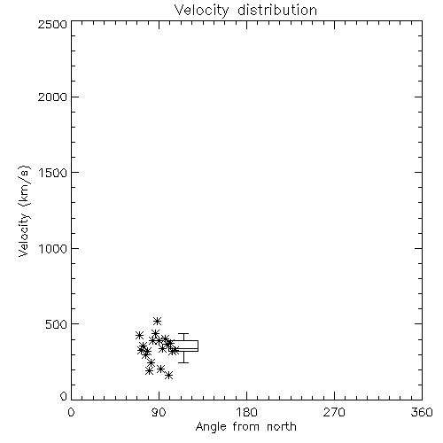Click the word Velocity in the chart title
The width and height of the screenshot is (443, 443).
click(x=201, y=11)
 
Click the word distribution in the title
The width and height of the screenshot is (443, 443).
click(x=277, y=10)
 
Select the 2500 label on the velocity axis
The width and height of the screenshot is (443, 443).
click(x=52, y=24)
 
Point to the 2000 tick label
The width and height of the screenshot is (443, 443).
click(x=52, y=97)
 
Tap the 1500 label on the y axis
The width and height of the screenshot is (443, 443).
click(x=53, y=173)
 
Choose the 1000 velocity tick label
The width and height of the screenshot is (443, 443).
click(x=53, y=249)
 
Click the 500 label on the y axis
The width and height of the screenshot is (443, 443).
click(x=57, y=324)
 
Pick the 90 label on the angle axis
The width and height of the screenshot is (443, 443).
click(x=159, y=412)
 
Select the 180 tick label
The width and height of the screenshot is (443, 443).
click(x=246, y=412)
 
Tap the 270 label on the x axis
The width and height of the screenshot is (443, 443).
click(x=334, y=412)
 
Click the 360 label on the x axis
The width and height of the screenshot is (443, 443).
click(x=422, y=412)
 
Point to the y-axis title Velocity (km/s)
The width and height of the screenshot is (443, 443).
click(x=24, y=211)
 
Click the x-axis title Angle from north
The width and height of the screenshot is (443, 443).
click(x=245, y=427)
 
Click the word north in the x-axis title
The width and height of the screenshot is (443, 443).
click(x=282, y=427)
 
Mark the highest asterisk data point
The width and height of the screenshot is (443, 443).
click(x=157, y=321)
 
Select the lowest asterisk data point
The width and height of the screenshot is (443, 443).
click(x=168, y=376)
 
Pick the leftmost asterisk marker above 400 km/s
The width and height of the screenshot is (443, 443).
click(x=139, y=336)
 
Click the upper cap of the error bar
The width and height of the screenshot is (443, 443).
click(x=183, y=334)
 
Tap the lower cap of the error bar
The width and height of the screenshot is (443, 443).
click(x=183, y=362)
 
